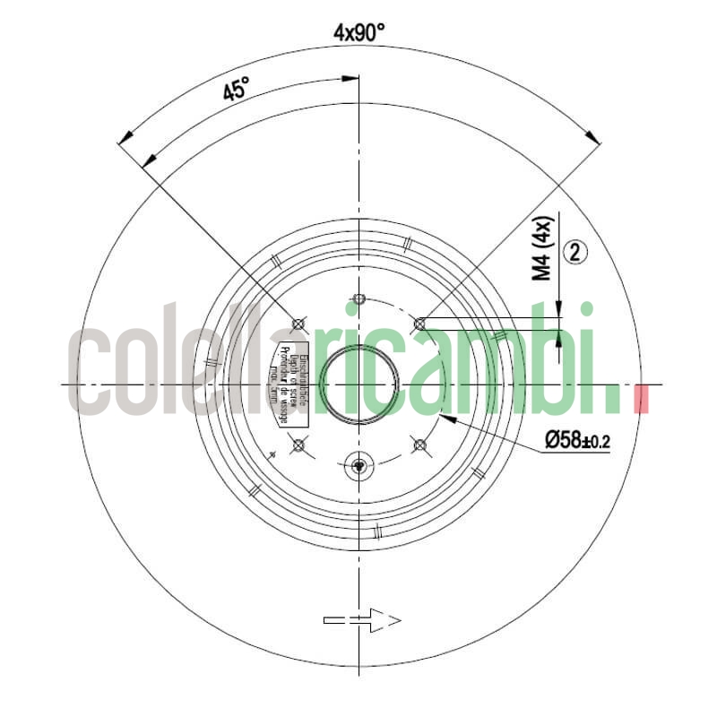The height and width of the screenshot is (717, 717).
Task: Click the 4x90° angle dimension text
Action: (x=358, y=33)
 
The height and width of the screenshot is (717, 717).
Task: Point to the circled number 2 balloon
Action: (x=575, y=253)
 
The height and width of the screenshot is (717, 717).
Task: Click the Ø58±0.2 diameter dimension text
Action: (x=577, y=441)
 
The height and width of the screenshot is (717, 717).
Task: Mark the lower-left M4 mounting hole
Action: (x=299, y=445)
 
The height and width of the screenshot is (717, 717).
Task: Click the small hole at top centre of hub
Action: (x=358, y=298)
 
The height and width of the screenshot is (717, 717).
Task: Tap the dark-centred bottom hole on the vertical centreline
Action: (x=358, y=464)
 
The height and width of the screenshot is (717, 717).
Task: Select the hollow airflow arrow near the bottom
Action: (x=362, y=619)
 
